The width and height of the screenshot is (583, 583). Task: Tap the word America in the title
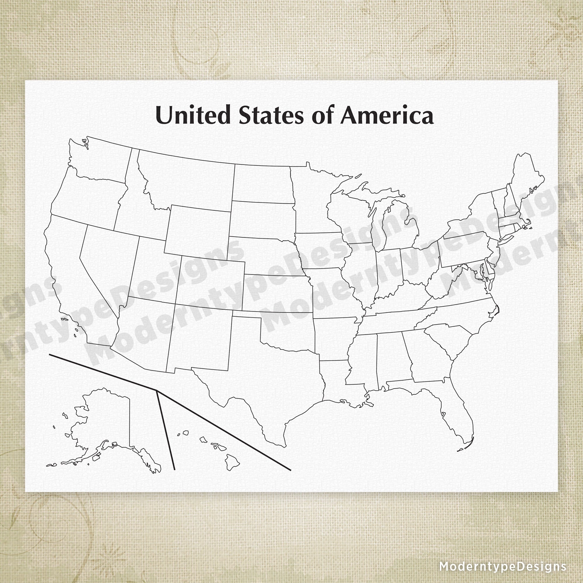click(387, 115)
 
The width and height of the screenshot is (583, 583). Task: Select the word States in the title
click(271, 115)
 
